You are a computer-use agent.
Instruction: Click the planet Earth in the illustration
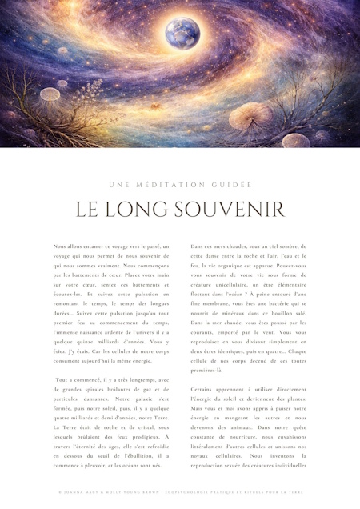click(182, 33)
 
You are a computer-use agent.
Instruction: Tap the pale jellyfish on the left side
click(61, 83)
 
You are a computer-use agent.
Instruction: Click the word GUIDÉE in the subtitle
click(234, 185)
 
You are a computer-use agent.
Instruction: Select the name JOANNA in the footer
click(74, 492)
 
